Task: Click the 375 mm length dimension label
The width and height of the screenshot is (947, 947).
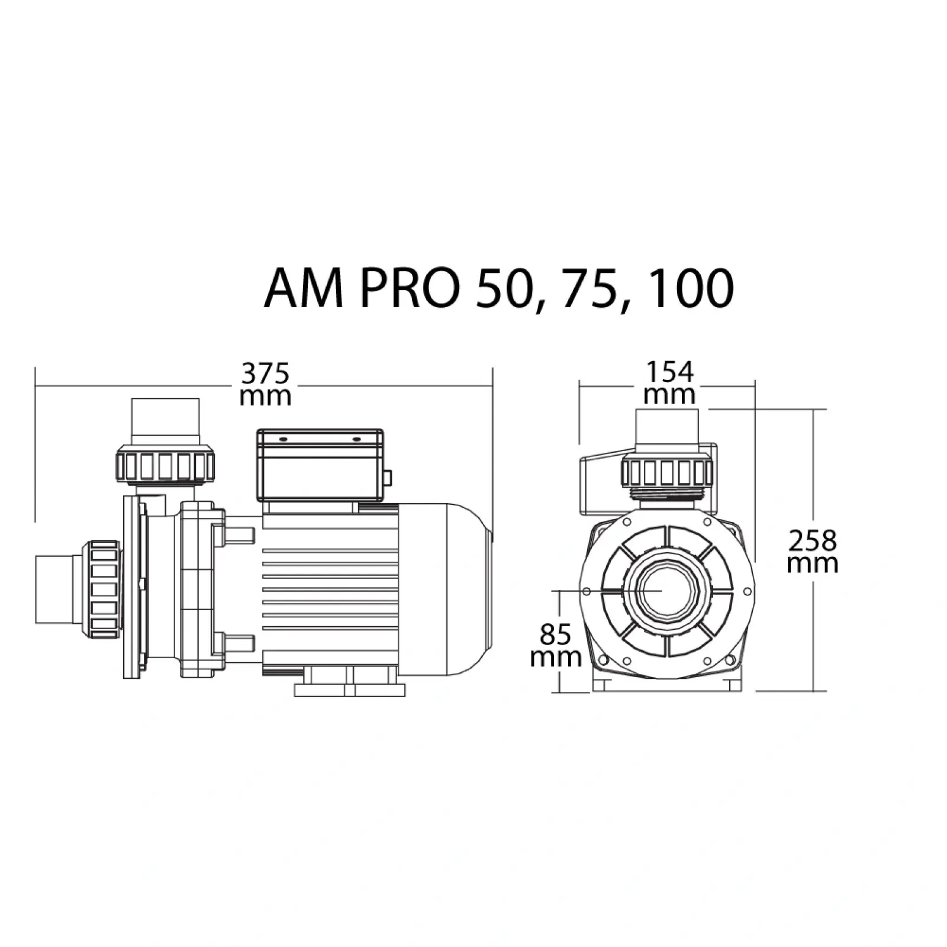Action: pos(265,384)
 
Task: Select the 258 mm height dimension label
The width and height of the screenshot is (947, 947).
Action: pos(813,551)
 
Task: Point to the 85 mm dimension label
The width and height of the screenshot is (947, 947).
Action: pos(556,646)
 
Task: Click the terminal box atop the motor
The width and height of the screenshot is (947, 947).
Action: pos(320,465)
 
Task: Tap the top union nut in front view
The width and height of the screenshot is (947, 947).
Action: pos(666,472)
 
